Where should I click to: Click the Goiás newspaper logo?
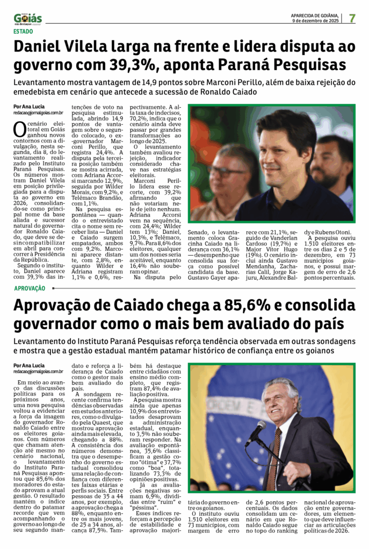coord(27,19)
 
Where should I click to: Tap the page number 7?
coord(352,18)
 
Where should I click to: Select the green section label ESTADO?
coord(23,31)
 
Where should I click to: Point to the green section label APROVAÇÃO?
coord(30,288)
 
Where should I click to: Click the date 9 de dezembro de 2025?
coord(315,21)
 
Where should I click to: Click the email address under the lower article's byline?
coord(39,371)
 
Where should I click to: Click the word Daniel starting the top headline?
coord(43,48)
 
